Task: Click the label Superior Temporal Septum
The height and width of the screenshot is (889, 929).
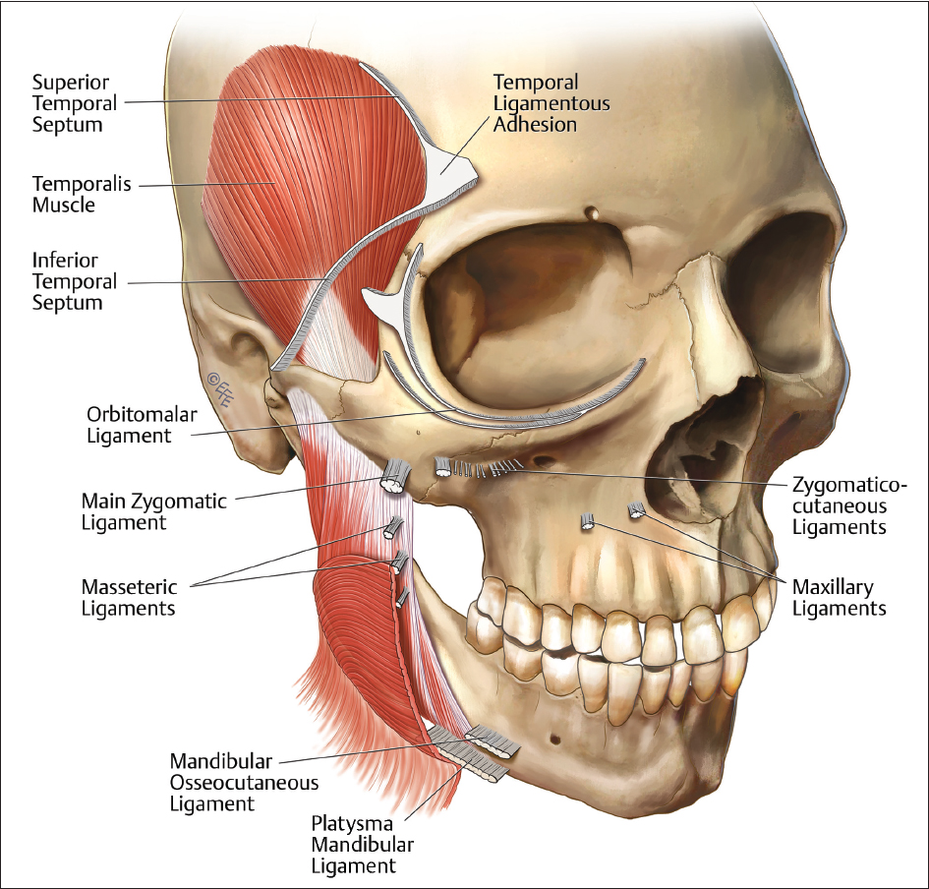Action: point(74,103)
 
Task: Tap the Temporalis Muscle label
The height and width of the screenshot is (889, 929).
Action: point(82,194)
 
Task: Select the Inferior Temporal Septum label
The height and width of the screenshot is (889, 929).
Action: point(74,281)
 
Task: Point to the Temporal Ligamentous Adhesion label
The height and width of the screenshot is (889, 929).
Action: point(551,103)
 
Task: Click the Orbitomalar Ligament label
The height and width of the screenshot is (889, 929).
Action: point(142,425)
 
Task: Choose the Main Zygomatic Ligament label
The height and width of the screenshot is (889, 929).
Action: point(154,510)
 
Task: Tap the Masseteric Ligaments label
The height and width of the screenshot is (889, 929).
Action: point(129,597)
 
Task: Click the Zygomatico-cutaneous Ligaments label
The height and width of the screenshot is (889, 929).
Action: point(849,506)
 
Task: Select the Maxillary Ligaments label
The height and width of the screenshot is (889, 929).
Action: point(839,597)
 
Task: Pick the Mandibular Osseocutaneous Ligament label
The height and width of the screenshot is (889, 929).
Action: point(244,783)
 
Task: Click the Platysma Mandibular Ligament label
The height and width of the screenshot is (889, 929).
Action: point(362,845)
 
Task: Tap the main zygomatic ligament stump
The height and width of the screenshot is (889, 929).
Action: point(396,477)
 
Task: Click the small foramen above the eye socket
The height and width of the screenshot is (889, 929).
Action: point(591,211)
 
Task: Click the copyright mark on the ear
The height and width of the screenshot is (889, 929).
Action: point(220,388)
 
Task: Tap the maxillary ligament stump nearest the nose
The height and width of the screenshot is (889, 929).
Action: point(636,509)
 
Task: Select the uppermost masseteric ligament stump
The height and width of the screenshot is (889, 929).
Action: point(393,527)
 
